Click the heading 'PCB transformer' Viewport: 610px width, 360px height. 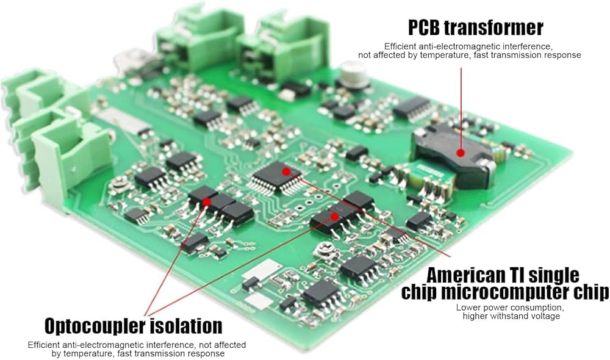click(x=475, y=27)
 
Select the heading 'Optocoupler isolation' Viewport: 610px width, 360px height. click(x=134, y=325)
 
